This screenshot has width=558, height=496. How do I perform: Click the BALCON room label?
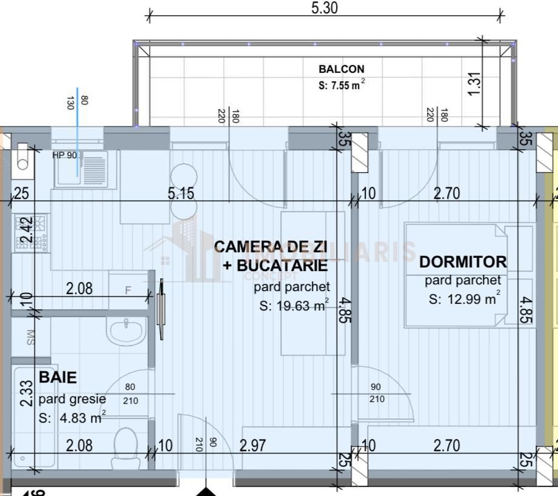341,69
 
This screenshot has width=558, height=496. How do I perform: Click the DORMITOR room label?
463,262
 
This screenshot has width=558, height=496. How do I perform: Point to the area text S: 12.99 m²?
465,298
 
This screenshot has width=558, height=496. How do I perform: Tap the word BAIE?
58,377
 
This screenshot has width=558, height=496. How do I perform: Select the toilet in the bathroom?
126,446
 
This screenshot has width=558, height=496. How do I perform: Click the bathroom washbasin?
126,330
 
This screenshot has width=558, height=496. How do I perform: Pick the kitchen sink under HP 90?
82,169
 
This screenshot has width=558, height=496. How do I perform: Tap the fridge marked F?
128,290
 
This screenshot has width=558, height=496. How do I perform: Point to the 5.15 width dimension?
181,193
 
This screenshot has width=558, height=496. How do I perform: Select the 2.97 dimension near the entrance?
253,446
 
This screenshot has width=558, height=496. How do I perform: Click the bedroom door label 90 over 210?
376,393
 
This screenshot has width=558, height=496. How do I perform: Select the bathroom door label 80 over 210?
130,394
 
